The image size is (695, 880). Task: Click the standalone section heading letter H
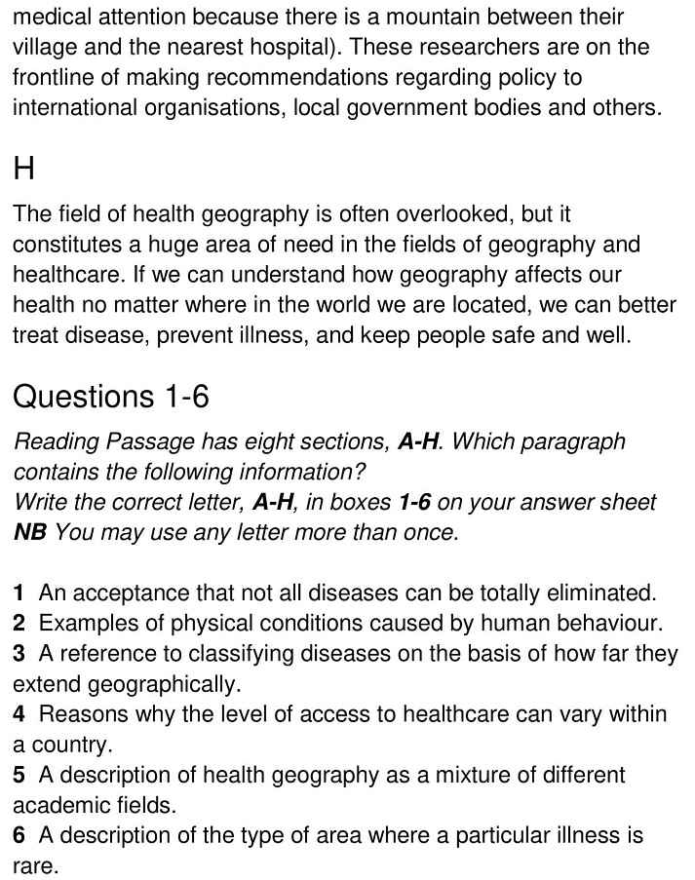coord(24,169)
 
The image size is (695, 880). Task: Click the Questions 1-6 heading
coord(111,397)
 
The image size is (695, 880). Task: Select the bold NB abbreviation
coord(29,532)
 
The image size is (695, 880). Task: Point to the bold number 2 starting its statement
coord(19,623)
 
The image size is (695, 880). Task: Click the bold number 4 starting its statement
coord(19,714)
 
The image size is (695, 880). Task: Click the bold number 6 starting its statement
coord(19,836)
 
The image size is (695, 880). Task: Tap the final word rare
coord(33,866)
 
